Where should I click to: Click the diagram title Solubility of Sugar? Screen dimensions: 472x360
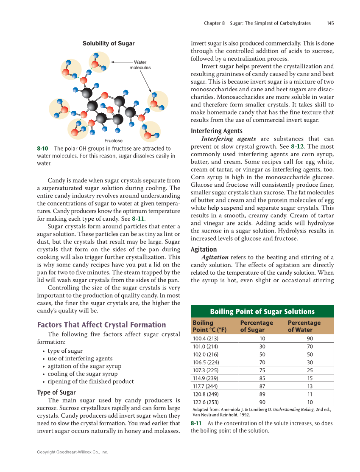point(108,43)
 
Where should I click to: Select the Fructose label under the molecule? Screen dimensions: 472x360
point(113,140)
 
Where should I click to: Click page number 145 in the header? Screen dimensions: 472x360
point(330,23)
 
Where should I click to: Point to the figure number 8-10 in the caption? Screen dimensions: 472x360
point(42,149)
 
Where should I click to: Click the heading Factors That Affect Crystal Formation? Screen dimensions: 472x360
point(101,325)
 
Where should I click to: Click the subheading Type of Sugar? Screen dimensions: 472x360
point(56,392)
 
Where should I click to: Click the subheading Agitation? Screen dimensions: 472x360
point(204,250)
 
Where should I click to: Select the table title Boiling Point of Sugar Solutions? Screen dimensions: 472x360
point(262,312)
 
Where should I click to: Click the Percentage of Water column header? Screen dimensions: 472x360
point(304,326)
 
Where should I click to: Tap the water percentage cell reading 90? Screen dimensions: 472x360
point(310,339)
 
